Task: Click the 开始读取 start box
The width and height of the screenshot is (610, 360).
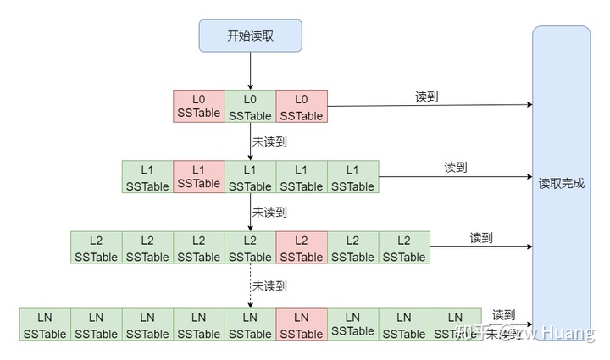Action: tap(250, 36)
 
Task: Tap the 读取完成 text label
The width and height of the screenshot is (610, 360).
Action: tap(561, 183)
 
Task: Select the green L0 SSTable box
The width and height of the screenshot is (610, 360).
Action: tap(250, 107)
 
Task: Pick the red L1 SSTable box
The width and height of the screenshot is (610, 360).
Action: tap(199, 176)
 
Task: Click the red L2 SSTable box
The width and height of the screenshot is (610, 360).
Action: tap(301, 248)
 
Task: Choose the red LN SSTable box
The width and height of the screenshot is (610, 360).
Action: tap(301, 325)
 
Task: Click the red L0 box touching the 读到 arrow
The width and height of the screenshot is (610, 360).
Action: tap(301, 107)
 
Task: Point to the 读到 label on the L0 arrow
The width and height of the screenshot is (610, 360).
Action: tap(426, 97)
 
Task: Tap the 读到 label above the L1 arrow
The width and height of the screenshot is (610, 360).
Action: tap(456, 167)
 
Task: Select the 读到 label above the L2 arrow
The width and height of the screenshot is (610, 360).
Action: tap(481, 238)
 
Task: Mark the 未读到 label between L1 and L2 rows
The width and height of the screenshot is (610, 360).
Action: tap(269, 211)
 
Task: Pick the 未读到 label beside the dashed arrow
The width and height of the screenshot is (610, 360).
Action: tap(269, 285)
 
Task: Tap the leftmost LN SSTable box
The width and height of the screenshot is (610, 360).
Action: tap(45, 325)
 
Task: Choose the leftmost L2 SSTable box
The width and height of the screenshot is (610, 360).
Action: tap(97, 248)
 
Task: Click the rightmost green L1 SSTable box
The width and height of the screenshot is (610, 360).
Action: tap(352, 176)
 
